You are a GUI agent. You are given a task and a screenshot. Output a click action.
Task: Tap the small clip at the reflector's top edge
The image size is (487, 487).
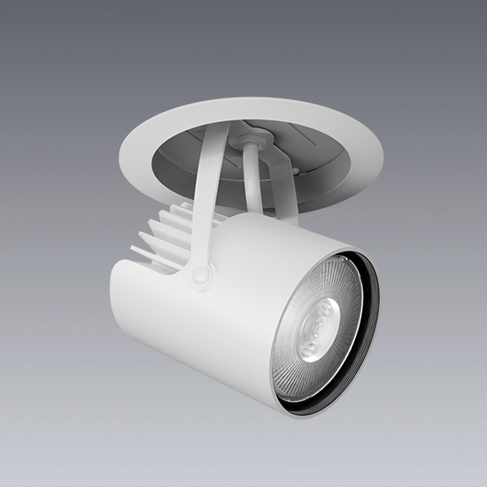(x=340, y=259)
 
